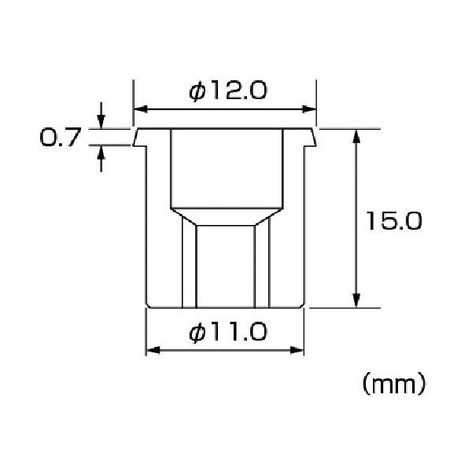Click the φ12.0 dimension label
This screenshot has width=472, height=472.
[228, 91]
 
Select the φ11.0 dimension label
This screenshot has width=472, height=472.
[228, 332]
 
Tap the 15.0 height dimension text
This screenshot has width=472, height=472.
[394, 221]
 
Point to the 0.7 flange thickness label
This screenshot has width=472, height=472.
[61, 137]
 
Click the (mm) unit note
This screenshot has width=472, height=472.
[394, 384]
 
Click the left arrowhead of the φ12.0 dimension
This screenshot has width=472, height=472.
[141, 109]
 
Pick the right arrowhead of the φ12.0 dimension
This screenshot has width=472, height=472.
[309, 109]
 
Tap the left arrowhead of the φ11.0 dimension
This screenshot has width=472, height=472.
[153, 350]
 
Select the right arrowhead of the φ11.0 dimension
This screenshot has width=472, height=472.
[297, 350]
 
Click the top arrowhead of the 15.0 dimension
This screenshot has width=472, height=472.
[356, 136]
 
